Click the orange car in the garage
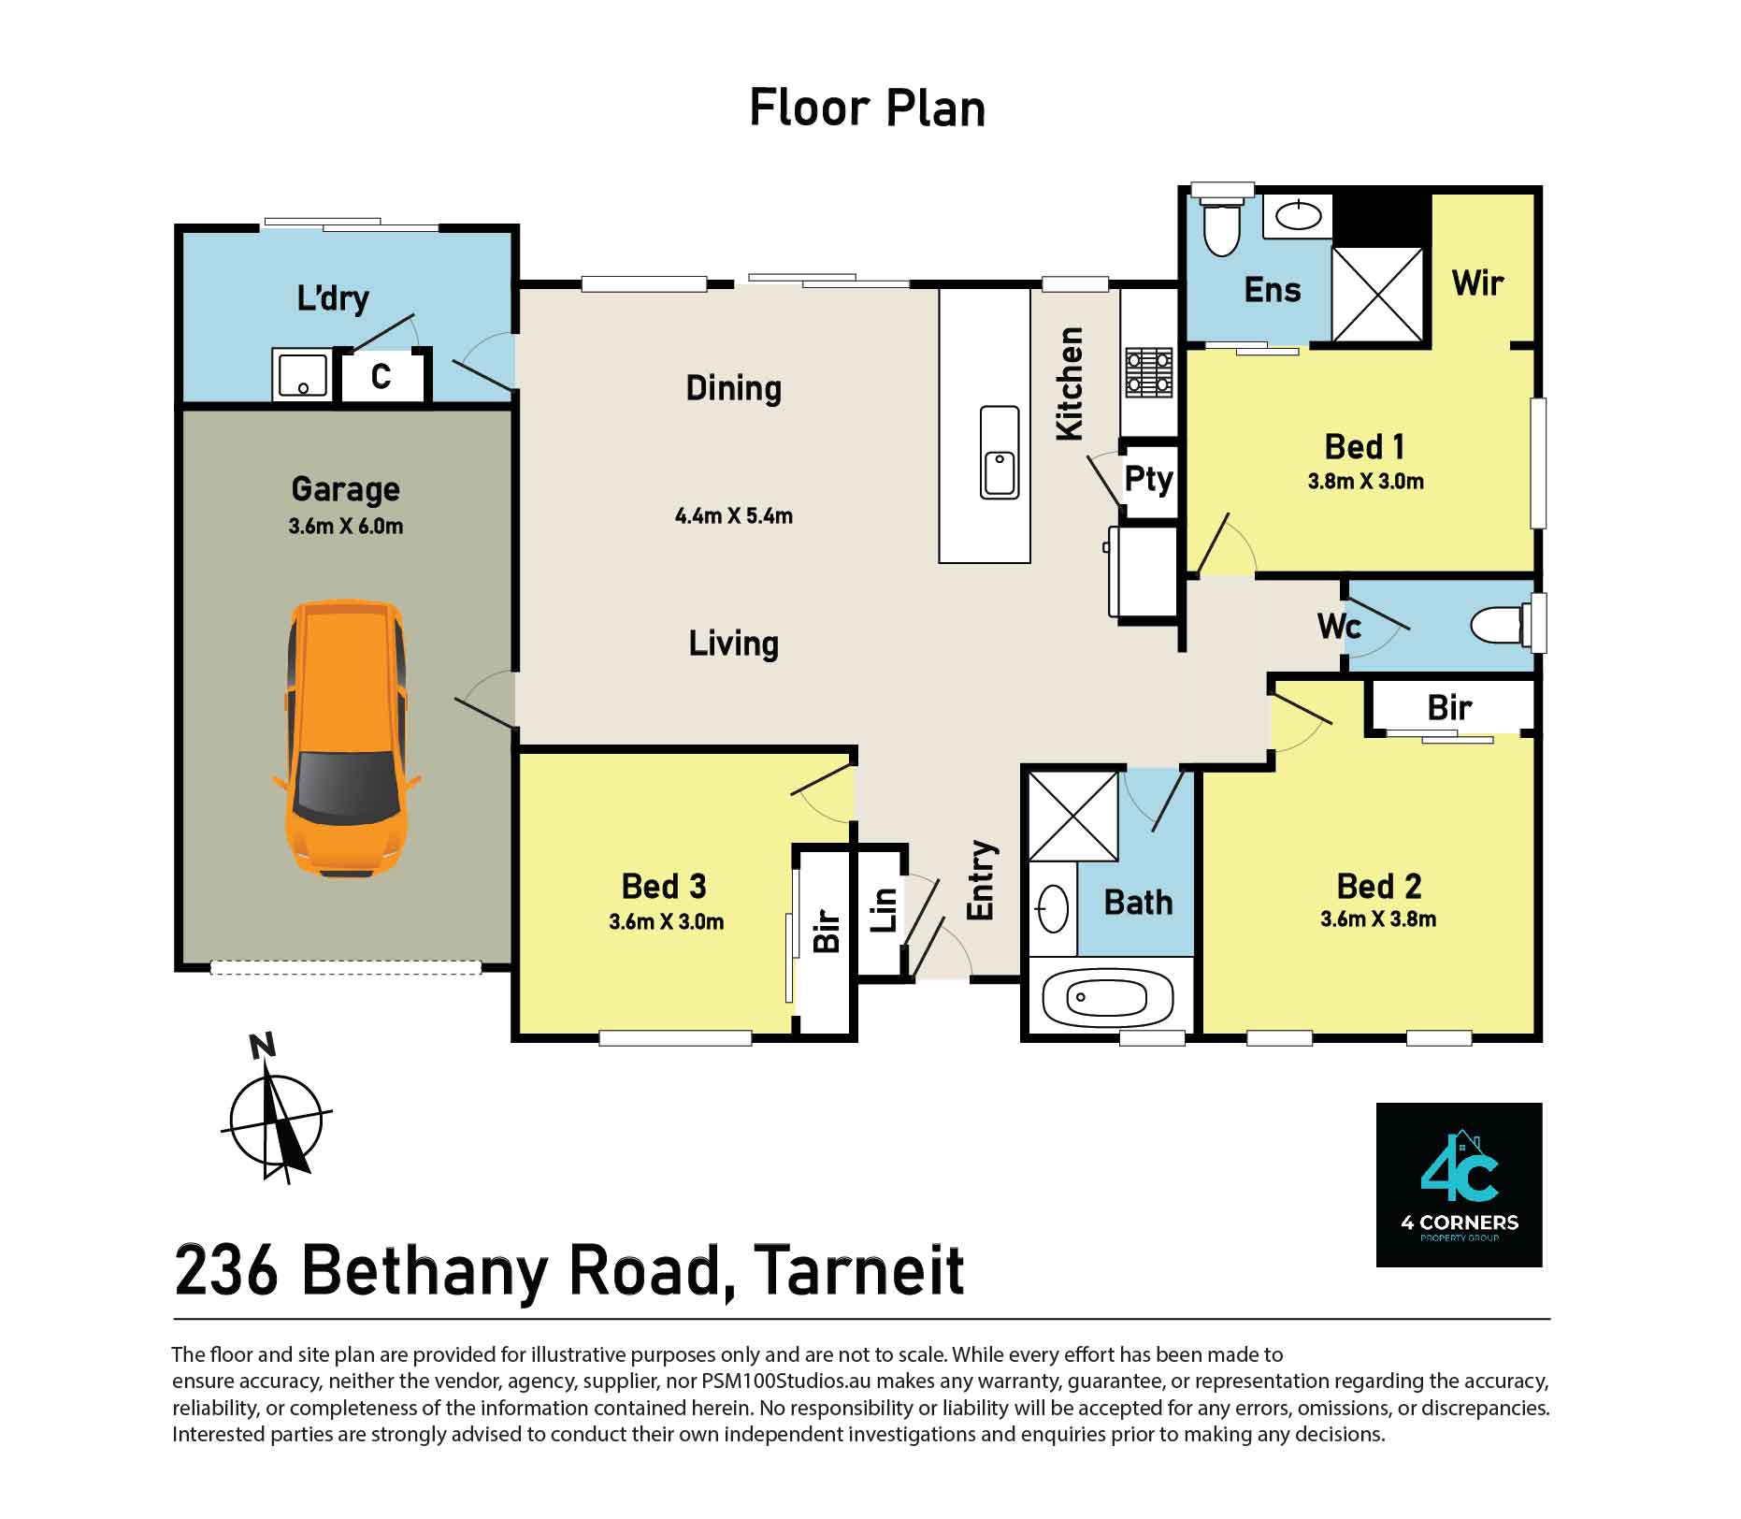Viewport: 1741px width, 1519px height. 346,739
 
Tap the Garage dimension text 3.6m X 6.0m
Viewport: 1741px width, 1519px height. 346,527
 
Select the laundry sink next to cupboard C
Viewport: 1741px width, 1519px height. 301,375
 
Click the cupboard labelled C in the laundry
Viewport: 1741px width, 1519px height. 381,377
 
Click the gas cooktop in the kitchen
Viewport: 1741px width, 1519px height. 1149,371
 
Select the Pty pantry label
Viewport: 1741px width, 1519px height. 1148,479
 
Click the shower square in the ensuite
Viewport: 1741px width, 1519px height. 1377,295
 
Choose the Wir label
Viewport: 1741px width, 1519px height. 1477,282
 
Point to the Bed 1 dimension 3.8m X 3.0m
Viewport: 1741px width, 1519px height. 1365,483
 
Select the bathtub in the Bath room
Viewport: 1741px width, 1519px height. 1107,997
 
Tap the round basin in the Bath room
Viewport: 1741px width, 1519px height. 1053,908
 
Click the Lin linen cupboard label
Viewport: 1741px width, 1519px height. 884,909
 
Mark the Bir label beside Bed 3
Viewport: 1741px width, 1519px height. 827,930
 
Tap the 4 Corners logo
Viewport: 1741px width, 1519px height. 1459,1185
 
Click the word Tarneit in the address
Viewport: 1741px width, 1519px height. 858,1271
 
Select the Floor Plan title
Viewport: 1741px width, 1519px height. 867,108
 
